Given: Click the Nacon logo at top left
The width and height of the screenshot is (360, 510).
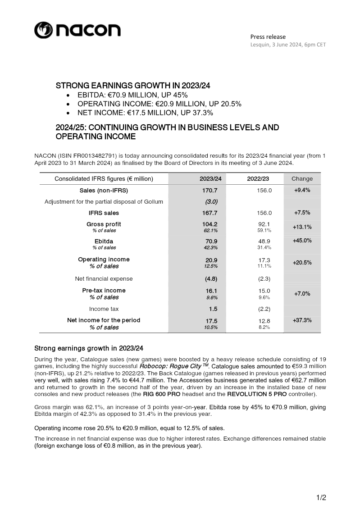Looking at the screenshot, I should coord(77,30).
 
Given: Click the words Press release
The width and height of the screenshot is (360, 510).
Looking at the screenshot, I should coord(268,36).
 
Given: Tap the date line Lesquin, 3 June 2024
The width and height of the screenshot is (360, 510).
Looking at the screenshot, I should coord(288,45).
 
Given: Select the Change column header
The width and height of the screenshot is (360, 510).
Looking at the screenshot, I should coord(302,179).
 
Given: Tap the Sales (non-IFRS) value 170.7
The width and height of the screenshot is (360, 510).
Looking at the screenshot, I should coord(211,191).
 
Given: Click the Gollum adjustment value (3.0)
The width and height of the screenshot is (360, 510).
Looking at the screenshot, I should coord(211,201).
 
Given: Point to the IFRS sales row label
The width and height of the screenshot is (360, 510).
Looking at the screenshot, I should coord(104,213).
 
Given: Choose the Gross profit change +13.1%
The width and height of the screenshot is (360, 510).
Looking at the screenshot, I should coord(302,227).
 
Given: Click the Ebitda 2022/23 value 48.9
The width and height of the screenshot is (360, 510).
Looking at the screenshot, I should coord(264,241).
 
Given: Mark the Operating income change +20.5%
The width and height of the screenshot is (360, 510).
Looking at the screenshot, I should coord(302,262).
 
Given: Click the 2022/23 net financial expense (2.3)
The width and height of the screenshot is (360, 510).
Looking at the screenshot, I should coord(264,278).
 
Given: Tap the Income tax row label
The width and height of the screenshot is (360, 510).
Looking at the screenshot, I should coord(104,309).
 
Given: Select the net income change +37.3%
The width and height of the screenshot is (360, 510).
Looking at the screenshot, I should coord(302,320).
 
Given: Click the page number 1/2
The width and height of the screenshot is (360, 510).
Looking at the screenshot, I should coord(321,497).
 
